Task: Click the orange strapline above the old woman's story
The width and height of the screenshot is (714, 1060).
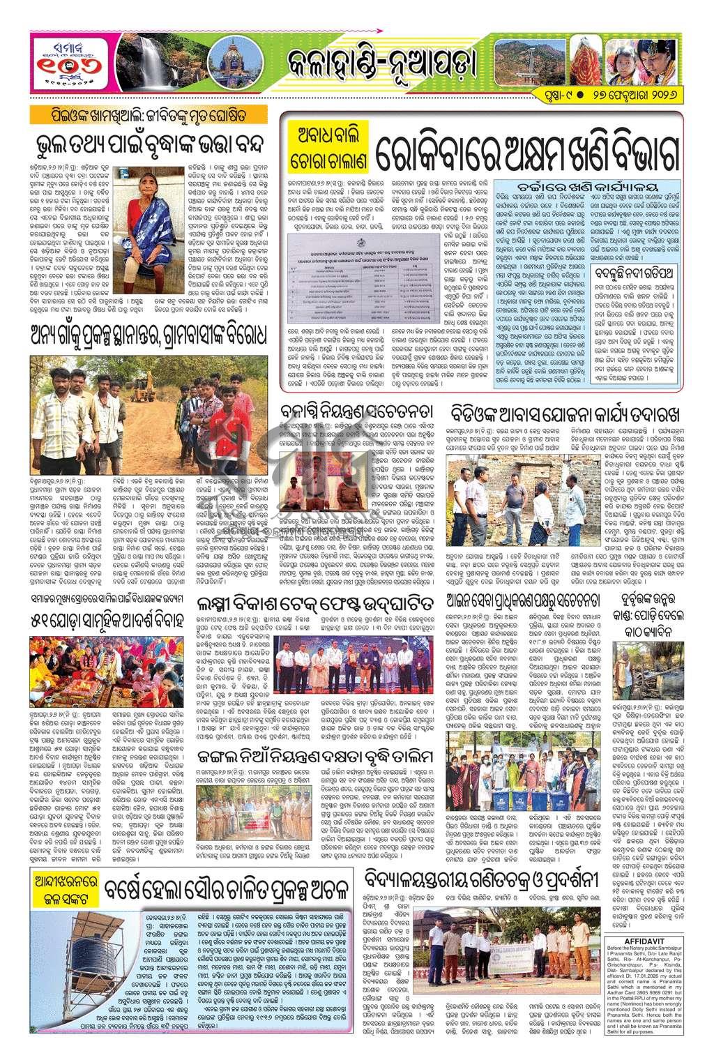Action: (x=151, y=114)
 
